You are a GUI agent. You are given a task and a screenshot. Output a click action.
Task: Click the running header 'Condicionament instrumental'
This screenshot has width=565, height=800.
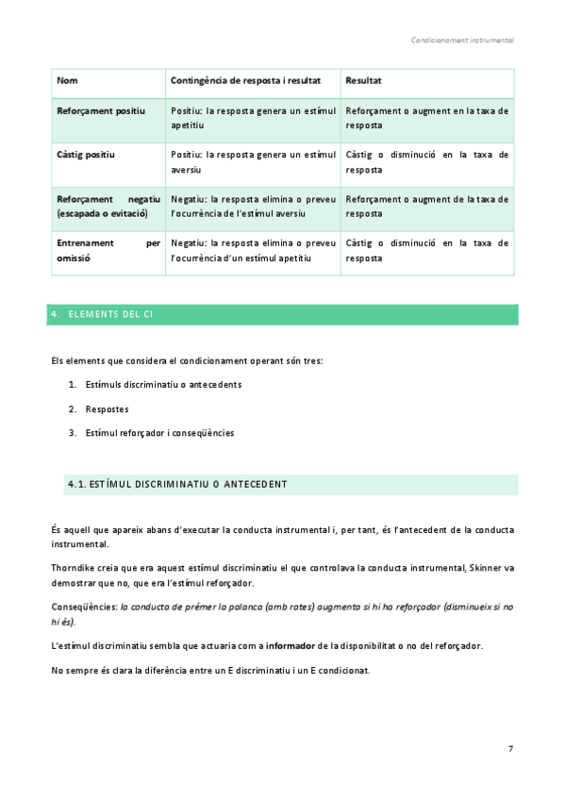click(462, 41)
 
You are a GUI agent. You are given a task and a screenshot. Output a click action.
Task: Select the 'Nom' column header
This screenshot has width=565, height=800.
click(67, 82)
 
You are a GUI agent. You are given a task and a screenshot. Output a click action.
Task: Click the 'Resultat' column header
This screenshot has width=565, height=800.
click(363, 82)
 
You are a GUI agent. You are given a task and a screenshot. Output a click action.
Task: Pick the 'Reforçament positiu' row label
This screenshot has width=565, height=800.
click(101, 111)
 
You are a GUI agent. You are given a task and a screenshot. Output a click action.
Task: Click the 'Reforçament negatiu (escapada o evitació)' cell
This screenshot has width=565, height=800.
click(108, 207)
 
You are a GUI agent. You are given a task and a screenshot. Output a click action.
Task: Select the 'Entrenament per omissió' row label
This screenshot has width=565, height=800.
click(108, 250)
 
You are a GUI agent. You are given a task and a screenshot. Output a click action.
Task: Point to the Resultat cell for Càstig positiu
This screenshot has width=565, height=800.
click(426, 162)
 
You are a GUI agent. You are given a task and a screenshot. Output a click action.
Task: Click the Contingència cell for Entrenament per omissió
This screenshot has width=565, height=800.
click(253, 250)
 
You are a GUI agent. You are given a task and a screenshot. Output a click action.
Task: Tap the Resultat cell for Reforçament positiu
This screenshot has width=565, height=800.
click(426, 118)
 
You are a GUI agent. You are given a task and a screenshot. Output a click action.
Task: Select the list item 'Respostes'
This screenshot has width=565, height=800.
click(107, 409)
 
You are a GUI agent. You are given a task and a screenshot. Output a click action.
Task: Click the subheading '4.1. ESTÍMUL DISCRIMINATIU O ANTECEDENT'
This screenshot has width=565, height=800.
click(177, 485)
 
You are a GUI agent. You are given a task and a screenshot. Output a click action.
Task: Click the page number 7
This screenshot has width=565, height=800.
click(510, 749)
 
